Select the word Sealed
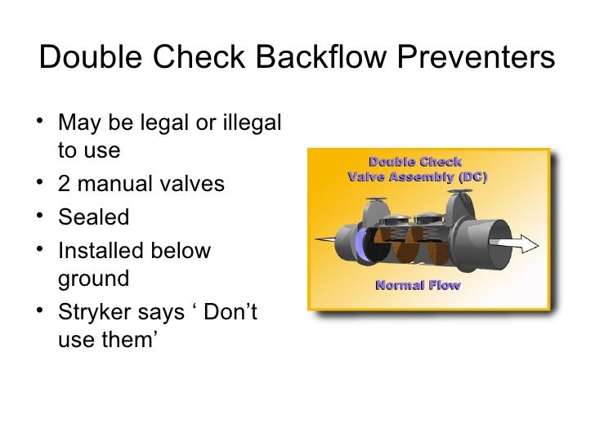tap(94, 217)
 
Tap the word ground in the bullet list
tap(94, 279)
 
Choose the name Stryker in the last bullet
tap(96, 311)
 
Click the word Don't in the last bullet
tap(229, 311)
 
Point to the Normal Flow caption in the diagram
tap(418, 285)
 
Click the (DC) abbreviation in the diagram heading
tap(468, 176)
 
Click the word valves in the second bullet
tap(194, 184)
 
